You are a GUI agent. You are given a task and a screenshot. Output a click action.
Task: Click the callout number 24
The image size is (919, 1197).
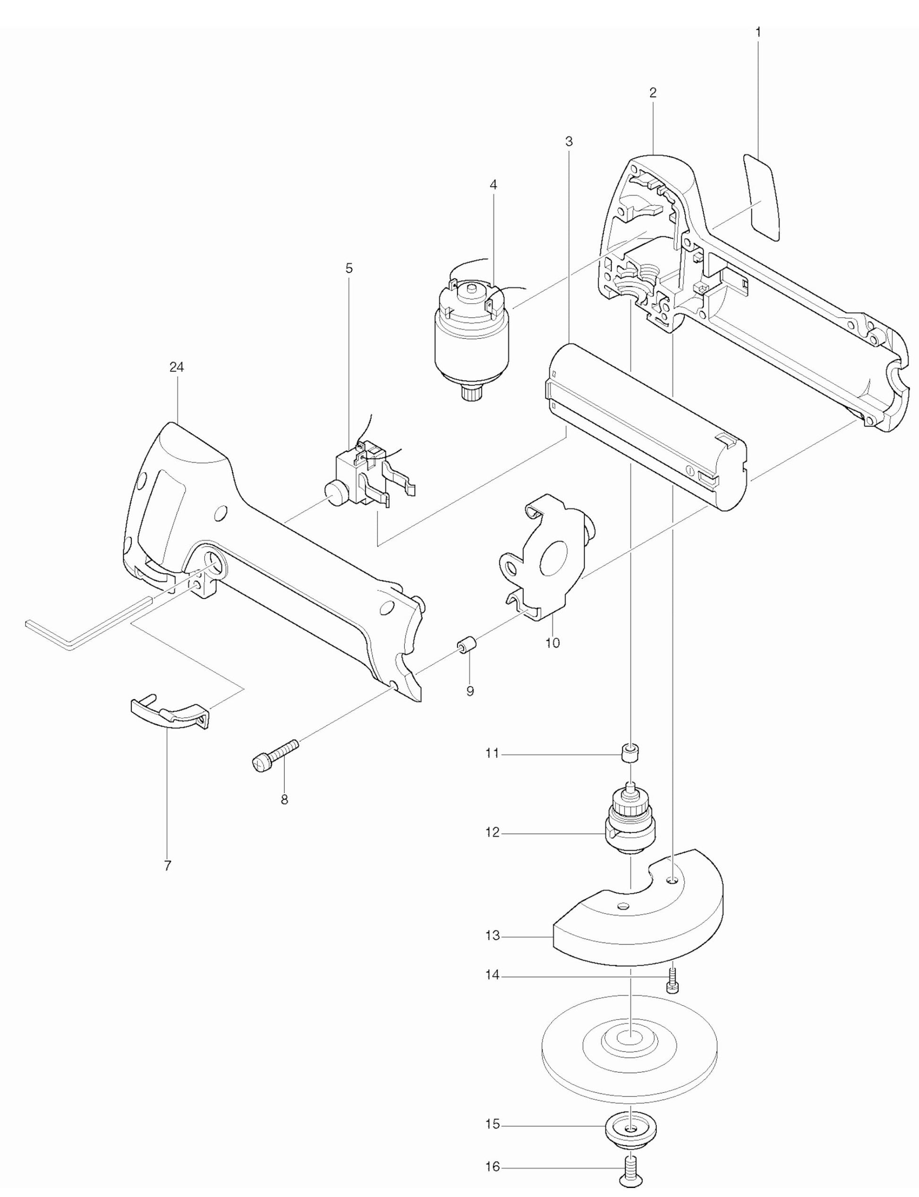176,367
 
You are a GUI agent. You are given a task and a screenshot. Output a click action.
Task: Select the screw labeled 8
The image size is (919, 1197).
275,754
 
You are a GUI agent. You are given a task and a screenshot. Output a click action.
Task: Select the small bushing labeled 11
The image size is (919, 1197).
631,754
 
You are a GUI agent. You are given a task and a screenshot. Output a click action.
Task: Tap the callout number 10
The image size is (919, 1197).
553,643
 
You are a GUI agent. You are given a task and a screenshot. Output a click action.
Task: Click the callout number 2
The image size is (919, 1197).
653,93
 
